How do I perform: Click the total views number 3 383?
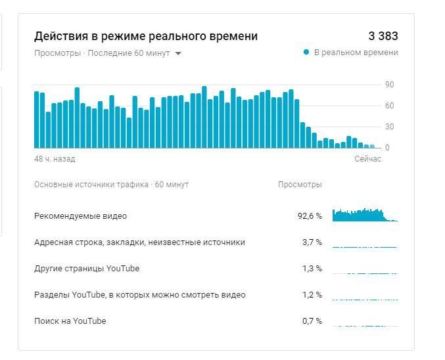tap(383, 36)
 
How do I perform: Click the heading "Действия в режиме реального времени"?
tap(146, 36)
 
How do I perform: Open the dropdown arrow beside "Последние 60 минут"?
tap(178, 53)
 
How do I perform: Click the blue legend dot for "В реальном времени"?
tap(306, 53)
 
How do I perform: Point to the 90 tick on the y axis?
tap(389, 85)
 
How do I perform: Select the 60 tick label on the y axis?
tap(389, 106)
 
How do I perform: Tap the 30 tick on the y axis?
tap(389, 127)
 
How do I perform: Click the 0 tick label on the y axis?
tap(387, 148)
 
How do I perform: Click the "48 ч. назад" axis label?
tap(55, 159)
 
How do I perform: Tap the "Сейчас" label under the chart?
tap(367, 159)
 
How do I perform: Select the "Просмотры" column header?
tap(300, 185)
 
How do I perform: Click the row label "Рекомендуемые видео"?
tap(80, 215)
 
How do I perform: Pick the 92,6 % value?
tap(310, 216)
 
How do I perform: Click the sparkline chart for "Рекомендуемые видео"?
tap(364, 215)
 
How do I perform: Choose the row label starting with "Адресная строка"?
tap(139, 242)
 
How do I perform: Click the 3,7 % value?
tap(312, 242)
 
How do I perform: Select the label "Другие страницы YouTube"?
tap(87, 269)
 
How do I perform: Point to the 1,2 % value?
tap(312, 295)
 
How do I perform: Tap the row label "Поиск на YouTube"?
tap(70, 321)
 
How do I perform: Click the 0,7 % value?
tap(312, 321)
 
